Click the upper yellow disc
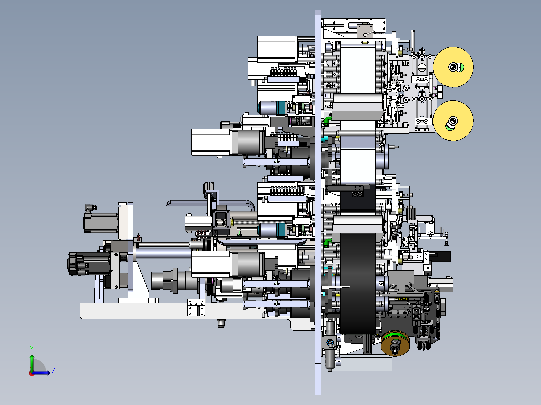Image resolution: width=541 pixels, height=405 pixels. coord(453,67)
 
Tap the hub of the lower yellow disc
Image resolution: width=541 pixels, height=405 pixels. coord(452,122)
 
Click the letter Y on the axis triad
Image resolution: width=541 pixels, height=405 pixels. coord(32,348)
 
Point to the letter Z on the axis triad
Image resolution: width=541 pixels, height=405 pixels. coord(54,370)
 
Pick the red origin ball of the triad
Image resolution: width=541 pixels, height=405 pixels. coord(32,373)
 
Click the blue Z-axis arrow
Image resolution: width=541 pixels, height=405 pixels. coord(41,372)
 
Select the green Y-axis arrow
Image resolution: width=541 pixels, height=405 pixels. coord(32,362)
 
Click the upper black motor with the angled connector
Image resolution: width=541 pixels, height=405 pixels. coord(100,221)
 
